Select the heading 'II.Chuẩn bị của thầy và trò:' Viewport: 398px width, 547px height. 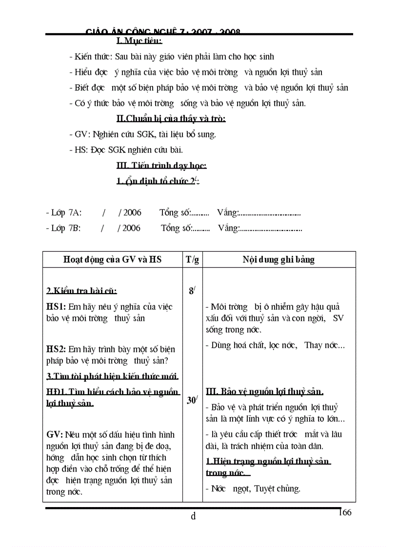pos(171,118)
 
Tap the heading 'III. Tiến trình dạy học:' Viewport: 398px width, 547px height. pos(161,166)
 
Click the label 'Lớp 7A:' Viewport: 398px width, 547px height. pos(66,212)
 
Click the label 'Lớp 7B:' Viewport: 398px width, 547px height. pos(66,228)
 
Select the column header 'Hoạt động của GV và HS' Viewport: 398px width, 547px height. pos(112,260)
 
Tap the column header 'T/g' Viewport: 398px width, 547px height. pos(192,260)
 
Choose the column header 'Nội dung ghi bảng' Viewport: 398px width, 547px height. pos(279,260)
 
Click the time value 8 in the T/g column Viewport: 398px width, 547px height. pos(191,291)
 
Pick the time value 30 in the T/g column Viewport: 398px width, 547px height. pos(192,400)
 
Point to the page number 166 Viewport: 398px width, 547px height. pos(344,512)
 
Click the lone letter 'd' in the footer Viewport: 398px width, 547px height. pos(193,516)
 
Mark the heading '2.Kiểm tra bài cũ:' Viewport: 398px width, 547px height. pos(81,291)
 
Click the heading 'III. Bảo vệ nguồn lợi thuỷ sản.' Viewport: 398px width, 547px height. pos(265,392)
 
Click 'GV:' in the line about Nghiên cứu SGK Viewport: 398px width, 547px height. pos(80,134)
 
